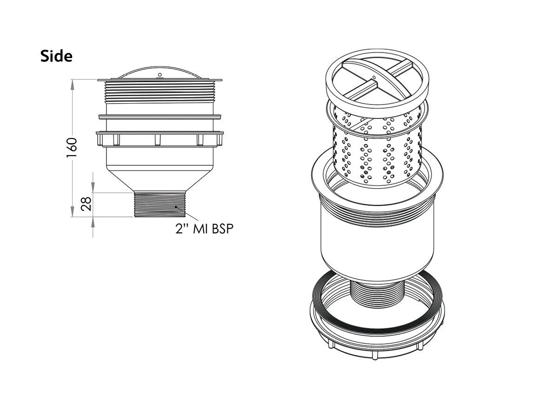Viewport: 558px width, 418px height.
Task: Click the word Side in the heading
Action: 56,56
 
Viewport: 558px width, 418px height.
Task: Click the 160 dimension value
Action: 72,148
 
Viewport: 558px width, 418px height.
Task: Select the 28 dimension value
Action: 86,203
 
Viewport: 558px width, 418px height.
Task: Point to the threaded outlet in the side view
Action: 160,204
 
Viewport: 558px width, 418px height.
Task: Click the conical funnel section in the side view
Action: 160,179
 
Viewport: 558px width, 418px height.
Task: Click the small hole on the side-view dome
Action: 159,74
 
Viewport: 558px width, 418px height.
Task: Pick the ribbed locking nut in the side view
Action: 160,139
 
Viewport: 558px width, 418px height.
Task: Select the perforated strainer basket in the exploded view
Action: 378,149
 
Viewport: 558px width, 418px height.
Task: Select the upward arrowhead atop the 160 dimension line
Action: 73,83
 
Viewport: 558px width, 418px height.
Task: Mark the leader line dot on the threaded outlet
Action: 176,207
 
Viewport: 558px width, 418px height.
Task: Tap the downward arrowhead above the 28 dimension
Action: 93,188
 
